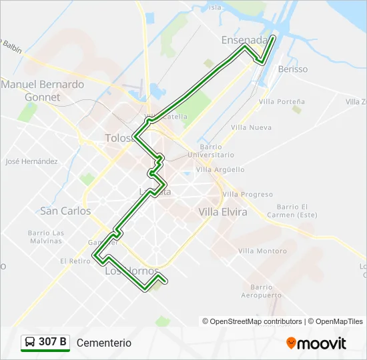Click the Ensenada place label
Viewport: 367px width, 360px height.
pos(244,40)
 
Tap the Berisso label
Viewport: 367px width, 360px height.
pos(293,69)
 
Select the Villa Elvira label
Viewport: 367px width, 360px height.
pos(223,212)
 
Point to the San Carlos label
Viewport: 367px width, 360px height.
pos(65,211)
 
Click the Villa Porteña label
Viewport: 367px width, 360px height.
pos(282,102)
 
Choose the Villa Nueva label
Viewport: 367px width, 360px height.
pos(251,127)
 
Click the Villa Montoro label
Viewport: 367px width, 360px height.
pos(262,251)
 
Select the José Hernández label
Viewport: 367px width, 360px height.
pos(31,161)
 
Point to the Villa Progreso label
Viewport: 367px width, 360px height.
pos(248,195)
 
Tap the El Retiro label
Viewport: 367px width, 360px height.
pos(75,261)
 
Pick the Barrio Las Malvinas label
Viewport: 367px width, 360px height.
pos(46,237)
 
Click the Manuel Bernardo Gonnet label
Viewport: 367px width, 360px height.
pos(42,91)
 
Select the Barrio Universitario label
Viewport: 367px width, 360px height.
pos(210,151)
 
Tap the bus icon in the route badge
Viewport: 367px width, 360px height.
pos(30,343)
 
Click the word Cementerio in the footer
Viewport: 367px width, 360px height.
pos(104,343)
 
